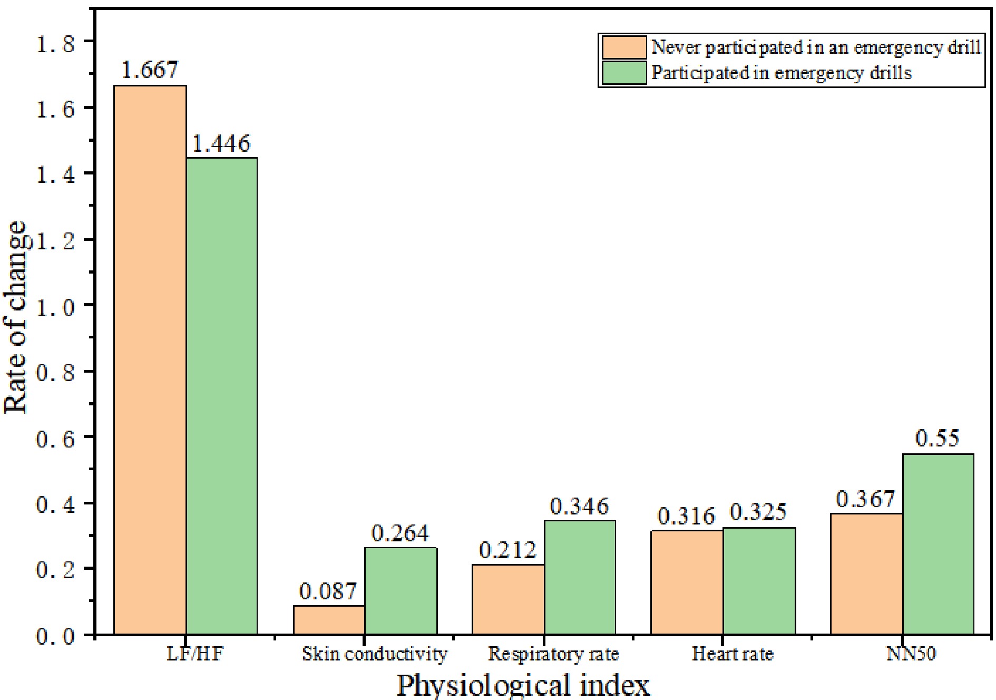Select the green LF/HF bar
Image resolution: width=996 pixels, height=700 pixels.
coord(222,395)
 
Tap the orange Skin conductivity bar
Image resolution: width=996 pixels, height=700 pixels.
coord(329,620)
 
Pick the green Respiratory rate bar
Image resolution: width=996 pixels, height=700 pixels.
coord(580,577)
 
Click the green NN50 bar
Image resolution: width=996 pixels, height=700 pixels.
coord(938,543)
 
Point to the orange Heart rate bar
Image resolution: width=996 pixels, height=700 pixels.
coord(687,582)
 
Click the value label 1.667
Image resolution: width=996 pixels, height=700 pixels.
coord(150,70)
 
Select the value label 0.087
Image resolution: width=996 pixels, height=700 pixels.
coord(328,591)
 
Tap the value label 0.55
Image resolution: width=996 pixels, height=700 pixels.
coord(938,438)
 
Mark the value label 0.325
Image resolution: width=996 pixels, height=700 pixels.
coord(758,512)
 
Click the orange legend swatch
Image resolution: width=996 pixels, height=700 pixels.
coord(624,47)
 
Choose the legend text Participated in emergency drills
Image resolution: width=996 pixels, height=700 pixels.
coord(782,73)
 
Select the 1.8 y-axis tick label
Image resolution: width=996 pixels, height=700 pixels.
coord(55,44)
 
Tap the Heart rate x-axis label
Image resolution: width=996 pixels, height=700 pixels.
coord(733,654)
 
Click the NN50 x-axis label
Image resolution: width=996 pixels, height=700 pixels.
coord(911,654)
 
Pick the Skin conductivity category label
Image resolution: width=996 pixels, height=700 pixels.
coord(374,654)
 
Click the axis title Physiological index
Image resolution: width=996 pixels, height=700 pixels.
coord(523,685)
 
